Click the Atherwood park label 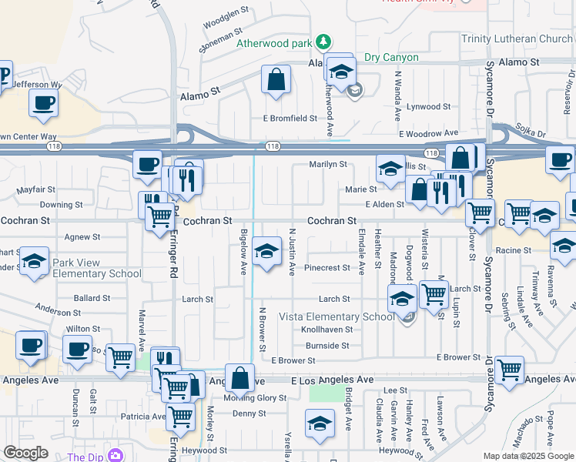pyautogui.click(x=274, y=43)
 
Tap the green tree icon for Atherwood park pyautogui.click(x=324, y=42)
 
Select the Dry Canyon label pyautogui.click(x=391, y=58)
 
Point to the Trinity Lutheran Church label pyautogui.click(x=517, y=38)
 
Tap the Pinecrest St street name pyautogui.click(x=327, y=268)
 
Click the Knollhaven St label pyautogui.click(x=327, y=330)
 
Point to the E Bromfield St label pyautogui.click(x=290, y=118)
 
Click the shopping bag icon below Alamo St pyautogui.click(x=276, y=79)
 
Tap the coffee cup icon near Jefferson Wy pyautogui.click(x=44, y=102)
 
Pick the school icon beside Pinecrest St pyautogui.click(x=266, y=251)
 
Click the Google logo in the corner pyautogui.click(x=25, y=453)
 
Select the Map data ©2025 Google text pyautogui.click(x=528, y=456)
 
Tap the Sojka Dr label pyautogui.click(x=530, y=133)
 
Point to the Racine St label pyautogui.click(x=514, y=250)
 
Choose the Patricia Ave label pyautogui.click(x=142, y=417)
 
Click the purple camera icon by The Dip pyautogui.click(x=116, y=456)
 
